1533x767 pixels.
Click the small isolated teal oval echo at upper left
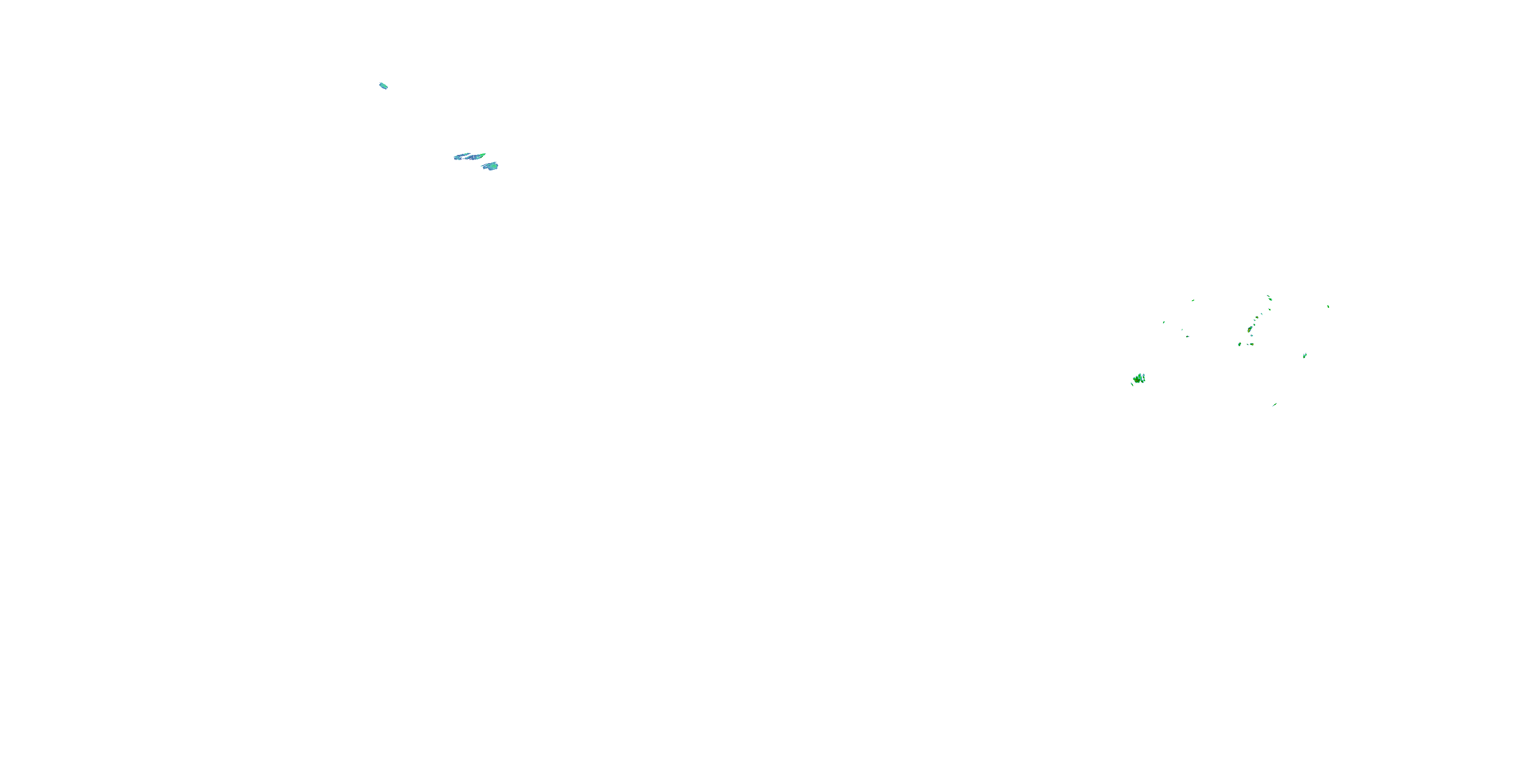coord(383,86)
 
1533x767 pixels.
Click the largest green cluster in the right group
coord(1139,379)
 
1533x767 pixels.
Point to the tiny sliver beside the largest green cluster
coord(1132,384)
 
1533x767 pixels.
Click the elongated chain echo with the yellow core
coord(1250,329)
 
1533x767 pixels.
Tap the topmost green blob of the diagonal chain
coord(1270,299)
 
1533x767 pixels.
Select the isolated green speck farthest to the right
coord(1328,307)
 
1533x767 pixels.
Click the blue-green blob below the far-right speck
coord(1305,355)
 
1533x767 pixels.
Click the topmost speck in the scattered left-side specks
coord(1193,301)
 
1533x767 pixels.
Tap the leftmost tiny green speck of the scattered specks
coord(1164,322)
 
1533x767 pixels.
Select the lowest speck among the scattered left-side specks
coord(1188,336)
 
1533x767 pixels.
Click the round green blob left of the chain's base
coord(1240,344)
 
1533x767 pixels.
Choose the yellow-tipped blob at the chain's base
coord(1252,344)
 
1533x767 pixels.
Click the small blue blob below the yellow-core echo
coord(1252,335)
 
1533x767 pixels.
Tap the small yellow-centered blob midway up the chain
coord(1258,318)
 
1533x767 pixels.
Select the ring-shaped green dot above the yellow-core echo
coord(1255,325)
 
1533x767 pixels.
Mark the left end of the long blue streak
coord(456,158)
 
